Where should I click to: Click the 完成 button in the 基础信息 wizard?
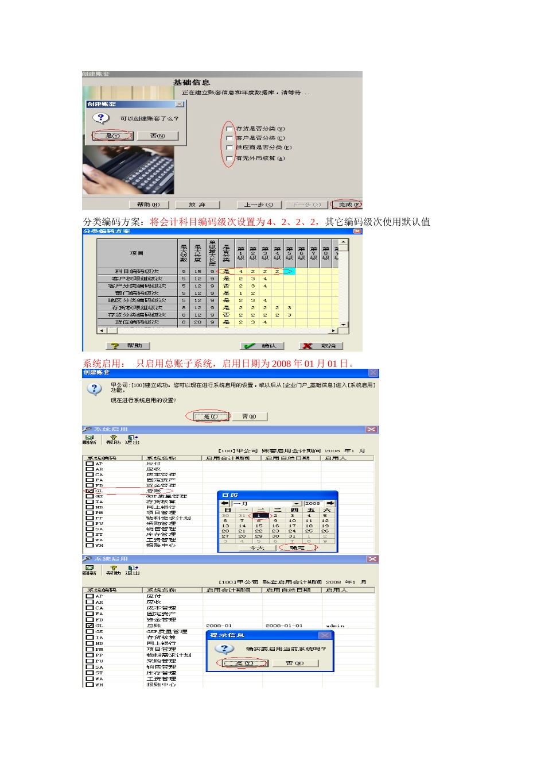click(x=347, y=204)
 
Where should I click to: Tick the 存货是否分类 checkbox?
click(x=229, y=129)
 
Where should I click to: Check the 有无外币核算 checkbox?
click(x=229, y=158)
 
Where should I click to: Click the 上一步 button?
click(x=259, y=204)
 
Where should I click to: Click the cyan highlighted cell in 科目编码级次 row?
click(x=289, y=271)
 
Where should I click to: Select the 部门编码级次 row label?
click(x=137, y=293)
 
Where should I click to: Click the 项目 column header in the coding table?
click(x=137, y=253)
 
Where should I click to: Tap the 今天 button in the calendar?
click(x=257, y=548)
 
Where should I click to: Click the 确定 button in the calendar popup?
click(x=297, y=548)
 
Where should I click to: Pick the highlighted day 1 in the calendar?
click(x=259, y=515)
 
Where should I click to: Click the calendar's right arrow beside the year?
click(x=330, y=503)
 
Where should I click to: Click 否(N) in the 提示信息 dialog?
click(x=295, y=663)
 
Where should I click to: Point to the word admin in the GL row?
click(x=335, y=626)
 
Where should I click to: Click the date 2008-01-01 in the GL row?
click(x=283, y=626)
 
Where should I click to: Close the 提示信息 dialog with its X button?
click(x=325, y=635)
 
